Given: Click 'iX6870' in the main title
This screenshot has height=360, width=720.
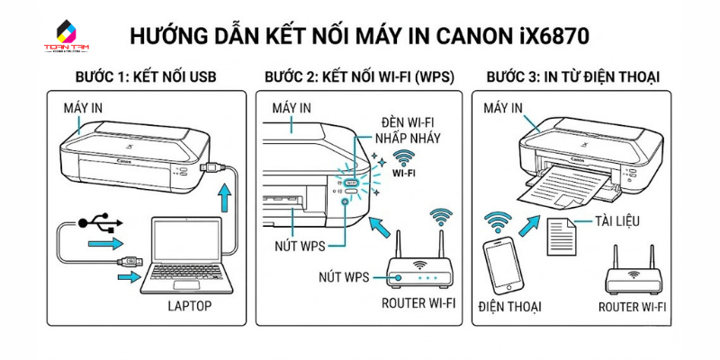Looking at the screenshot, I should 553,36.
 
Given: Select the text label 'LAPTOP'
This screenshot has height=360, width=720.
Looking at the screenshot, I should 189,306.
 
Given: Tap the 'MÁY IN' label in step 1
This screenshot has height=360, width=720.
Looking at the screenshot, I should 83,108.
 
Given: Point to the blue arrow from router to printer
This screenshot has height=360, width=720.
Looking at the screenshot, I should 383,229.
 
